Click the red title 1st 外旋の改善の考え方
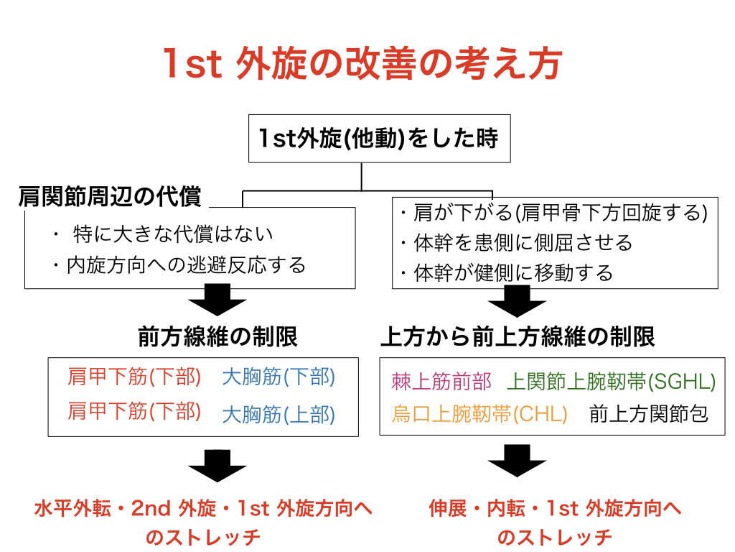point(362,64)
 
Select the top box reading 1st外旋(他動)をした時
point(379,138)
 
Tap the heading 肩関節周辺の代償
point(110,197)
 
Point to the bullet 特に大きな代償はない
point(172,234)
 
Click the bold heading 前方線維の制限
point(217,336)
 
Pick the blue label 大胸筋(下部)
point(278,377)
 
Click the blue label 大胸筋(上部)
point(278,415)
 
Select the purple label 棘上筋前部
point(441,382)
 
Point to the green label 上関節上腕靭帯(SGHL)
point(612,382)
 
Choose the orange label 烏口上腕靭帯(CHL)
point(479,415)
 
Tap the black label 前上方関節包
point(648,415)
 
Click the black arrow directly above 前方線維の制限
point(217,302)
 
